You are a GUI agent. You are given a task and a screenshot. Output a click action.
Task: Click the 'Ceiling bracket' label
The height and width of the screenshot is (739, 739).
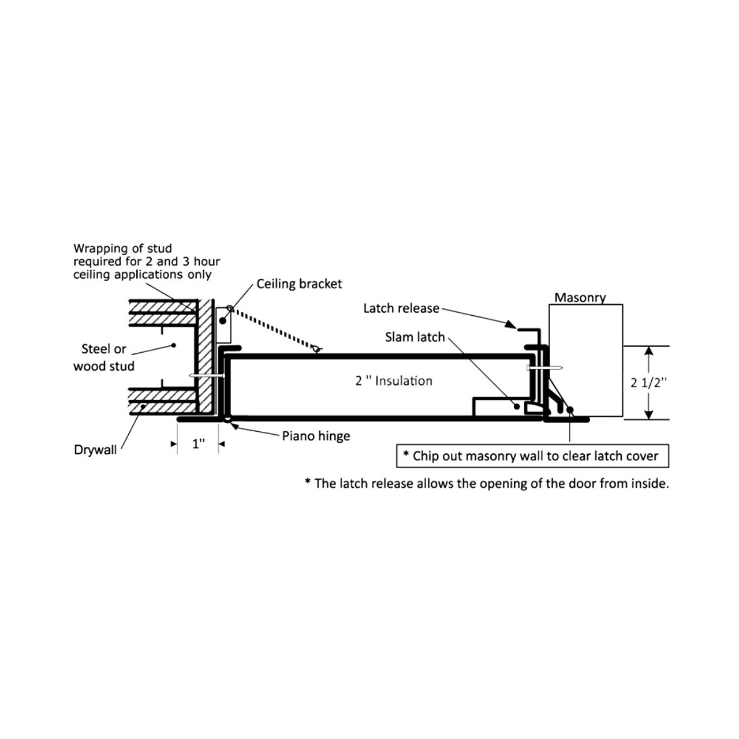pos(299,284)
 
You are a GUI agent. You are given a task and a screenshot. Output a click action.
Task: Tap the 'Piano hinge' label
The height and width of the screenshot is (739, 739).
pos(316,436)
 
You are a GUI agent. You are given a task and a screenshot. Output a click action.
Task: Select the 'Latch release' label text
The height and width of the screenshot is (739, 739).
pos(401,308)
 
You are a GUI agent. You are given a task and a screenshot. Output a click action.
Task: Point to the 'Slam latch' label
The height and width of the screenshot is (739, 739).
pos(415,337)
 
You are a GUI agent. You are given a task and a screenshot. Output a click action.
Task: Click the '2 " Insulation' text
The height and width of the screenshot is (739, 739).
pos(394,381)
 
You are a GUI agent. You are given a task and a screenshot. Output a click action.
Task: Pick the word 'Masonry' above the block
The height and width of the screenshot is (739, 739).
pos(580,298)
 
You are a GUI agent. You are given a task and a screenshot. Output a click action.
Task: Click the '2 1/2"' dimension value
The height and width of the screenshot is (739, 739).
pos(649,383)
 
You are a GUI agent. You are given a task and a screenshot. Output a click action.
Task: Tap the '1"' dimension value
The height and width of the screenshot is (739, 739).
pos(199,444)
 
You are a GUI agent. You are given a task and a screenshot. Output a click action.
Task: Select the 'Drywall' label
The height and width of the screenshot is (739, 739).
pos(95,450)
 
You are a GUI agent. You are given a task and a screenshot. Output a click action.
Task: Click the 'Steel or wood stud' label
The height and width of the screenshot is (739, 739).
pos(104,357)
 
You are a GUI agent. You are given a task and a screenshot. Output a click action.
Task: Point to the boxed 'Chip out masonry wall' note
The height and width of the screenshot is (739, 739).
pos(532,456)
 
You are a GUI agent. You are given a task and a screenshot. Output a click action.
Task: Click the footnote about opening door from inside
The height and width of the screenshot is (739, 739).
pos(487,484)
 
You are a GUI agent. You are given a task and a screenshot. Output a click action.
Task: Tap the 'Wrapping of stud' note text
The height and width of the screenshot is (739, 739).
pos(146,262)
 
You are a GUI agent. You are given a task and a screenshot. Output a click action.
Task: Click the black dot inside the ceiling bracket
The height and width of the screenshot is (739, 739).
pos(223,320)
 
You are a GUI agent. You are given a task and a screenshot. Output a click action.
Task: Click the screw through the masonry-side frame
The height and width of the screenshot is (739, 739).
pos(545,367)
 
